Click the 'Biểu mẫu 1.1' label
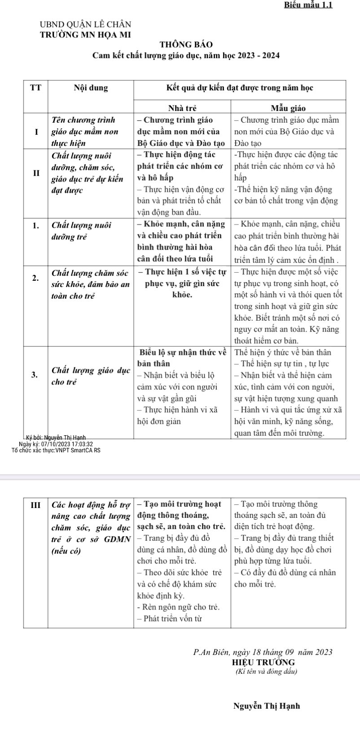(x=308, y=5)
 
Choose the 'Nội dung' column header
(x=91, y=88)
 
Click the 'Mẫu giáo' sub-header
(x=288, y=108)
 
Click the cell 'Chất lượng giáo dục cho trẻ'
(x=91, y=376)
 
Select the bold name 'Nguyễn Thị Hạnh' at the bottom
(x=267, y=706)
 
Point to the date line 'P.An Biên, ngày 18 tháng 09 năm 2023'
(x=263, y=652)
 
